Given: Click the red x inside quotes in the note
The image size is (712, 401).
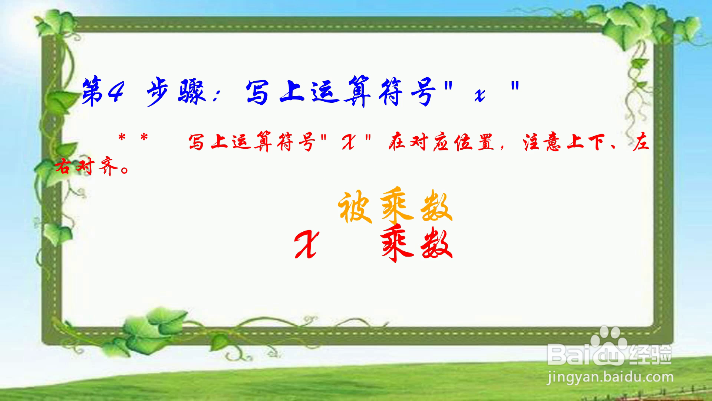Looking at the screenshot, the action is click(x=349, y=143).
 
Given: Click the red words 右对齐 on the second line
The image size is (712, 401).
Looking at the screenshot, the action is click(x=87, y=167).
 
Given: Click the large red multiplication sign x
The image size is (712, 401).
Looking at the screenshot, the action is click(x=306, y=244).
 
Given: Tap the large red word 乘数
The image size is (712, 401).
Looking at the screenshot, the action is click(x=417, y=243).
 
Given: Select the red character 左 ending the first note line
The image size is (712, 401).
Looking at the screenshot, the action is click(x=641, y=143).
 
